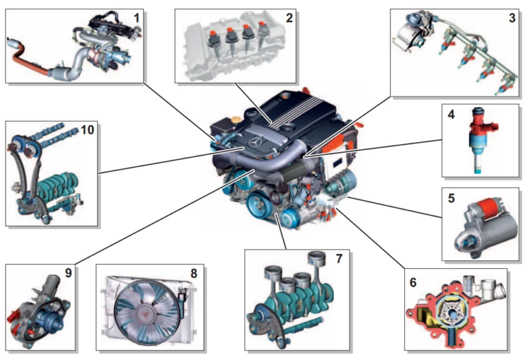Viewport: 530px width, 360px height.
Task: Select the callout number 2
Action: click(289, 18)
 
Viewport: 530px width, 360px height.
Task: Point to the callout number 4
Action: click(450, 113)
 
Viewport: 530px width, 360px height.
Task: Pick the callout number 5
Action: click(450, 199)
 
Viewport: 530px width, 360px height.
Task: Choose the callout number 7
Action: click(338, 259)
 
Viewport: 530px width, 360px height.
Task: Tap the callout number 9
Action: click(68, 274)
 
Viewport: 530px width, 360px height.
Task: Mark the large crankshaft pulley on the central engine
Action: click(261, 203)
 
